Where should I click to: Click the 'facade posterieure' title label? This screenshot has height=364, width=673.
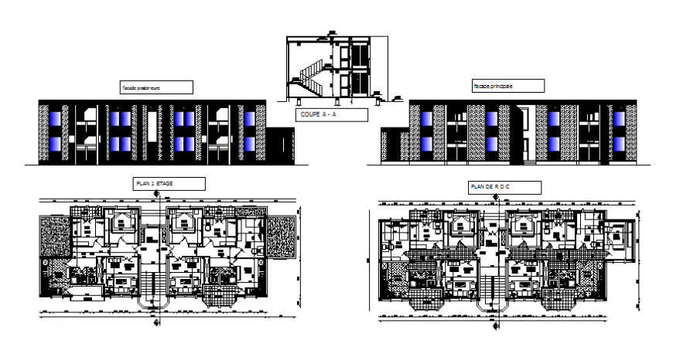155,87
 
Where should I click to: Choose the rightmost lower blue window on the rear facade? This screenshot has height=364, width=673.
250,144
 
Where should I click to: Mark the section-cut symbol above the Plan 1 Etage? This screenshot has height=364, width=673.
160,197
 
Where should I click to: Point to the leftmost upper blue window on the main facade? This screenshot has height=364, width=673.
425,118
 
